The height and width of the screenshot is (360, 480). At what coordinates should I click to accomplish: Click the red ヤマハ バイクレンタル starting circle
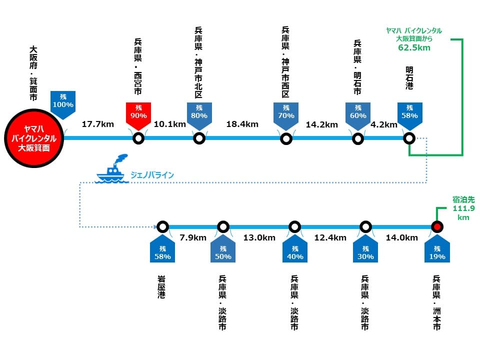(x=34, y=138)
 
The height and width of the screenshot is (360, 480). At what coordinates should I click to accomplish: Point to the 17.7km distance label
(x=97, y=124)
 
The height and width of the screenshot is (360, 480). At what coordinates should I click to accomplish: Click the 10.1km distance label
(x=169, y=124)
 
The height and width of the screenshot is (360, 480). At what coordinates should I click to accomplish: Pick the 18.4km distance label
(x=242, y=124)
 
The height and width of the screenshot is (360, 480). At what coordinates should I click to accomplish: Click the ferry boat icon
(x=111, y=168)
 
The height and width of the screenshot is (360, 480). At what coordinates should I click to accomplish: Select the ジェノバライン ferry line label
(x=152, y=175)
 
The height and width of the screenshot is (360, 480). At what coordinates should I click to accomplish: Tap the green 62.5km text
(x=414, y=47)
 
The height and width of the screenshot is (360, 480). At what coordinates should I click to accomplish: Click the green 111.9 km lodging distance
(x=463, y=213)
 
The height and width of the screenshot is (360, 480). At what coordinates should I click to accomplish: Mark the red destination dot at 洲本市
(x=437, y=227)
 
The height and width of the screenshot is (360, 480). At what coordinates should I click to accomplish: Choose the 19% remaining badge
(x=437, y=249)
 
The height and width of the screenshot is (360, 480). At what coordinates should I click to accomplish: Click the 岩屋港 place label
(x=161, y=287)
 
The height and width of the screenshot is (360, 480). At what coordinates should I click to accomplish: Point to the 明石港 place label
(x=409, y=78)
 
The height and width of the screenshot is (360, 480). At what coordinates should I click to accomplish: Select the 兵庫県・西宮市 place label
(x=138, y=66)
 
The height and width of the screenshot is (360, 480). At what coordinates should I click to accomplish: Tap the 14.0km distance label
(x=401, y=237)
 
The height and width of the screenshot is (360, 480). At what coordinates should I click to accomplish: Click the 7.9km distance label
(x=193, y=237)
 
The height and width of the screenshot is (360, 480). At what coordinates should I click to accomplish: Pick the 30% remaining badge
(x=365, y=249)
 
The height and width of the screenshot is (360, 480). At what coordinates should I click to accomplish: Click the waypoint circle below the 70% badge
(x=286, y=138)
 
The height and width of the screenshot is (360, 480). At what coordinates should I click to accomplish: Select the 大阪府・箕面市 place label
(x=33, y=73)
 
